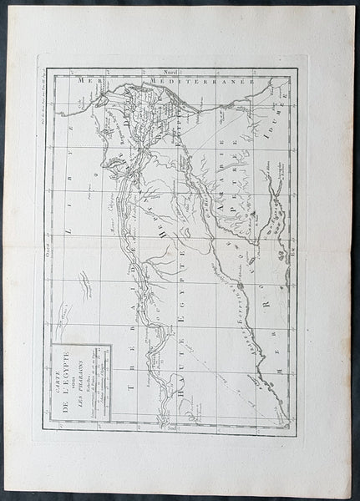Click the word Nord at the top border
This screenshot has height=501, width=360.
coord(171,73)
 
